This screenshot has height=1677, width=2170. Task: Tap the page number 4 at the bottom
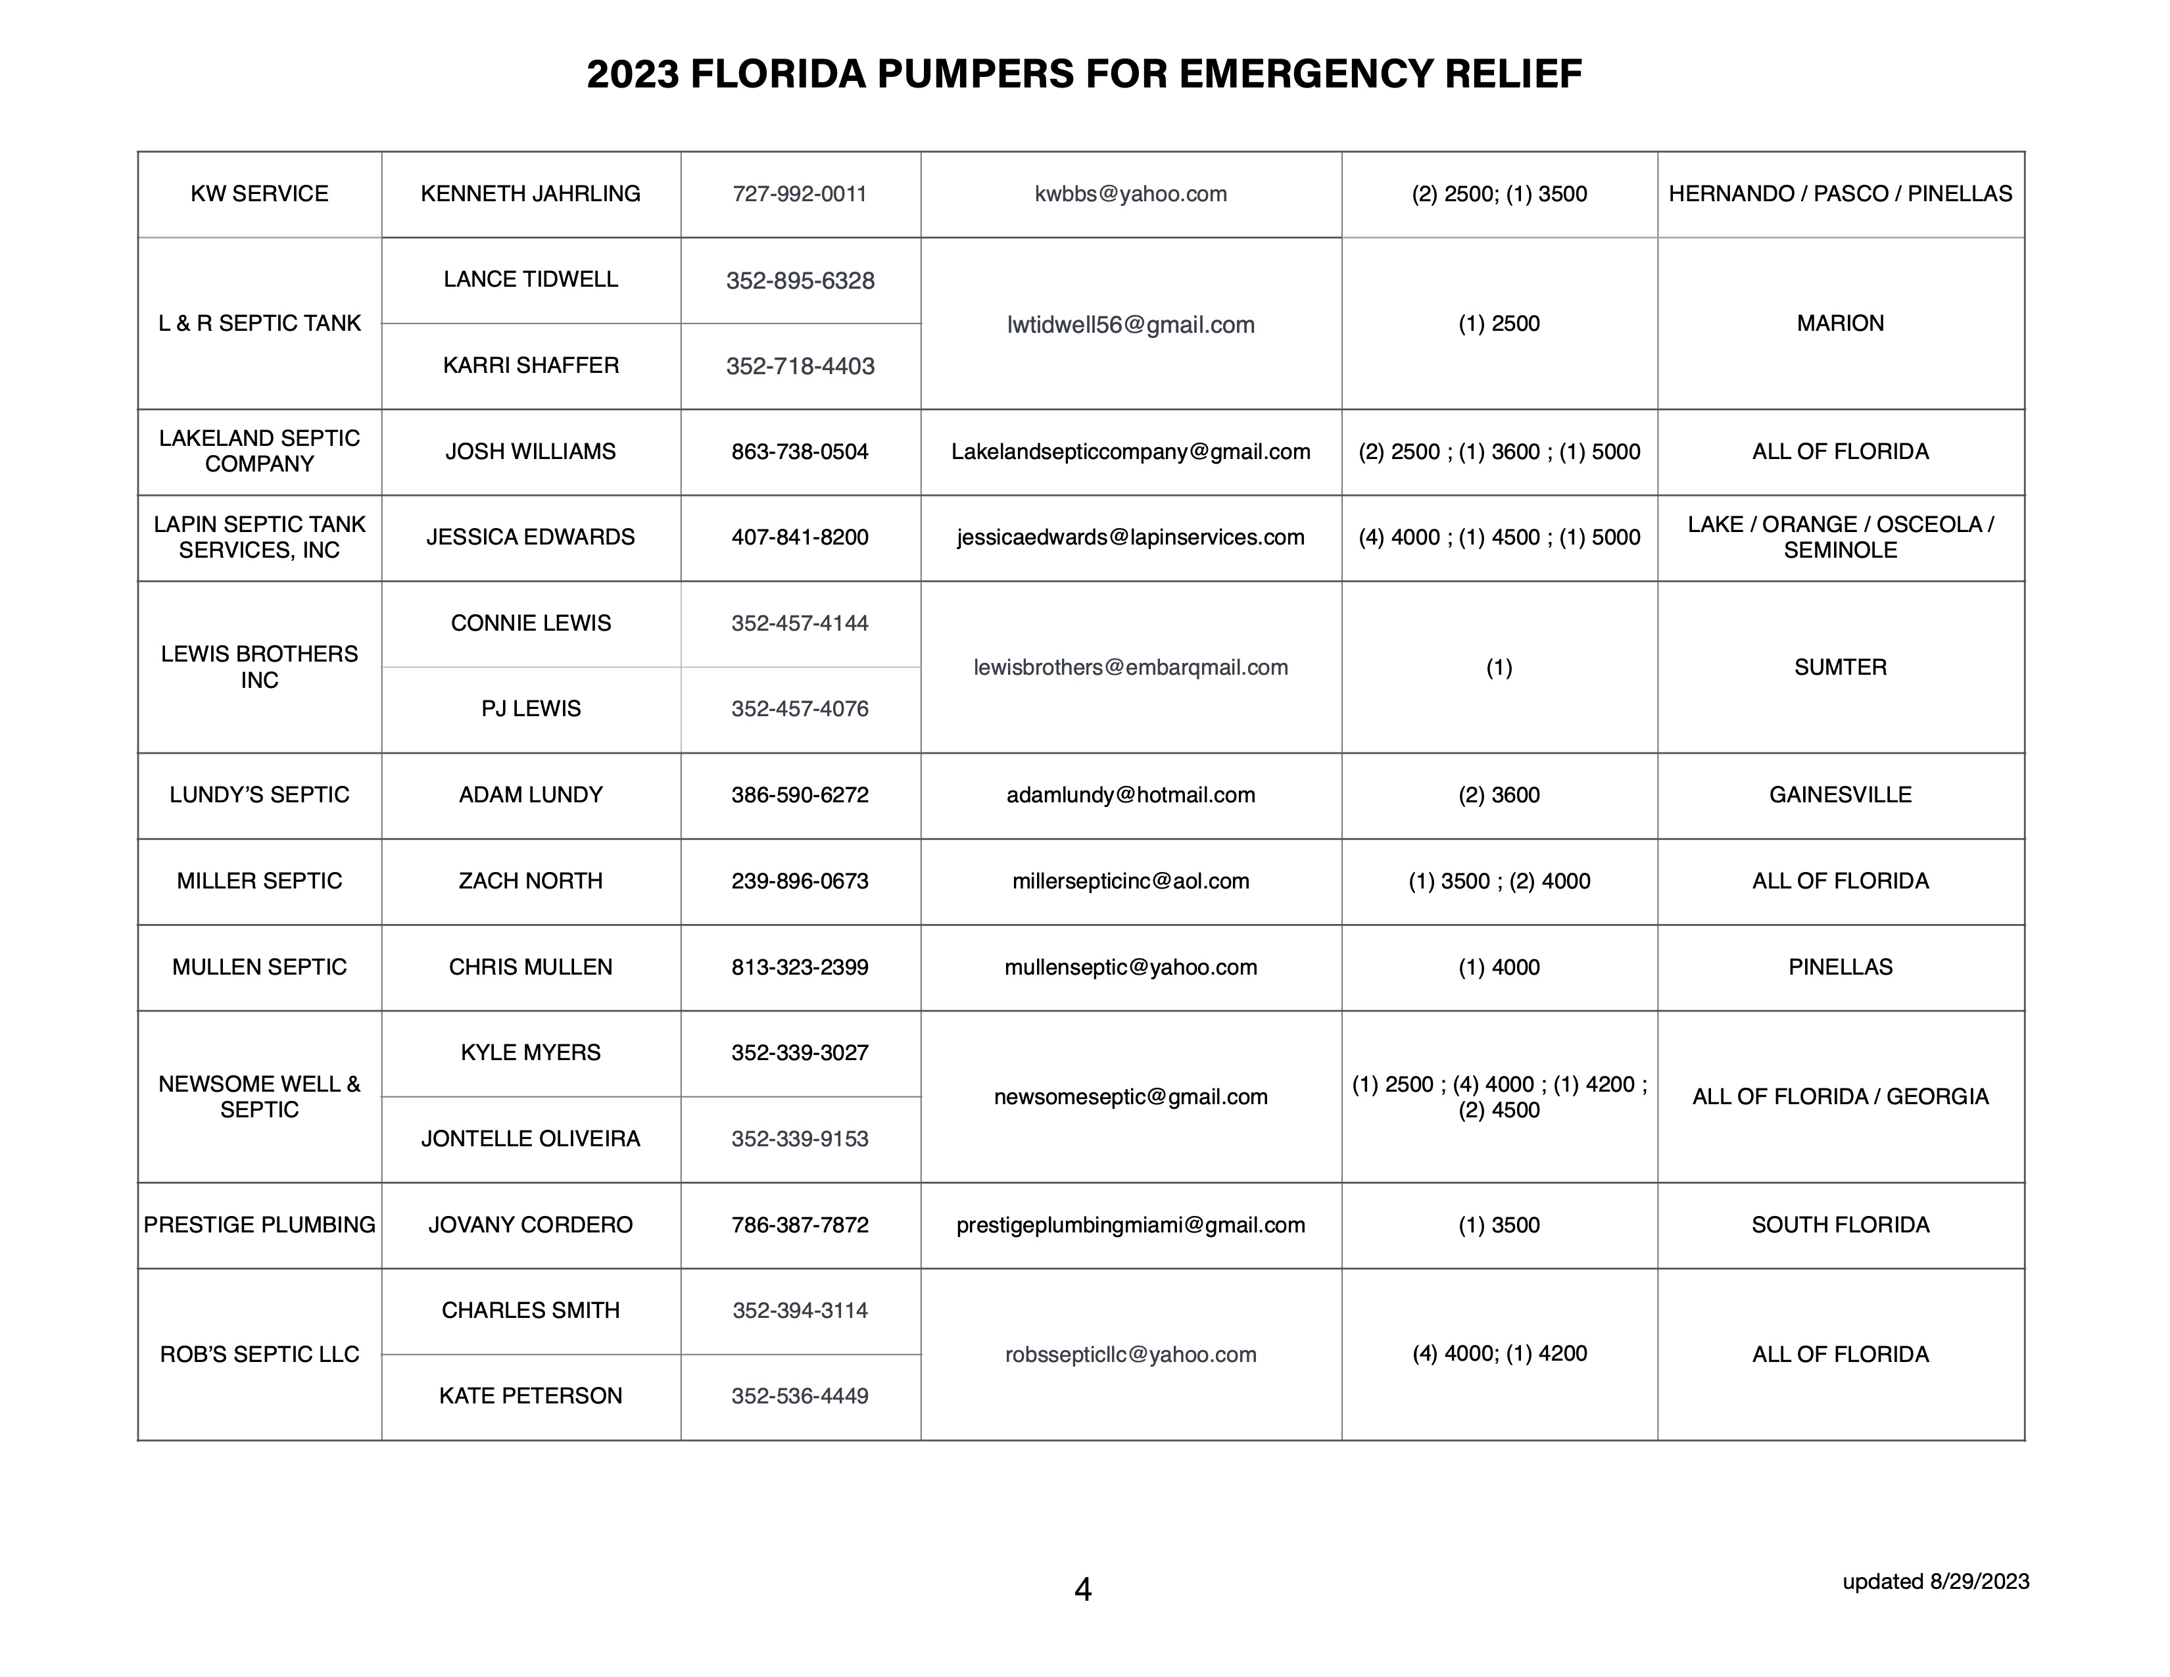pos(1083,1590)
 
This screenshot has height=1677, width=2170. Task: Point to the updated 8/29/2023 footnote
pos(1935,1580)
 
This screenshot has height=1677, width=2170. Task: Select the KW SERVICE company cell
pos(259,194)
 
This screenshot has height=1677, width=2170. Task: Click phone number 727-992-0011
pos(800,194)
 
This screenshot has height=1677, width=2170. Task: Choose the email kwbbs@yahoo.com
pos(1131,194)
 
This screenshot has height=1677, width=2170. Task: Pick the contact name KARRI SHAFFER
pos(531,366)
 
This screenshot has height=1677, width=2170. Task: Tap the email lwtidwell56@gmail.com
pos(1131,325)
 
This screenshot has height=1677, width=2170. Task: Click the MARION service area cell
pos(1840,323)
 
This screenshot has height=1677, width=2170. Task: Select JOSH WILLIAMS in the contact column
pos(531,452)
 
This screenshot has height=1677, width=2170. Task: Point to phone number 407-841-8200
pos(800,537)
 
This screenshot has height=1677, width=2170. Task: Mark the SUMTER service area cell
pos(1840,668)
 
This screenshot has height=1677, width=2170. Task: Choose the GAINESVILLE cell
pos(1840,795)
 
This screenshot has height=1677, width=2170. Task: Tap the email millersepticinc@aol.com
pos(1131,881)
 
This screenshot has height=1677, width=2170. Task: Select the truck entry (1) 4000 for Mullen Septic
pos(1499,967)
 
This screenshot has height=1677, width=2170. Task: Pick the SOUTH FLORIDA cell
pos(1840,1225)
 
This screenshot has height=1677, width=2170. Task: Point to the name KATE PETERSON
pos(531,1396)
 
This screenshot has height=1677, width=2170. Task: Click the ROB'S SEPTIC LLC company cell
pos(259,1354)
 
